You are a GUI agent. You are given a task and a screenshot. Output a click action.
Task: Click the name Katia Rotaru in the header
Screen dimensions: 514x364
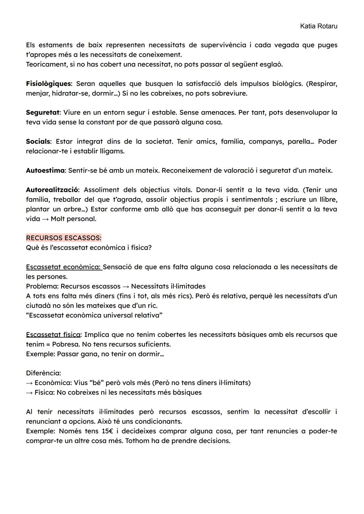[x=318, y=26]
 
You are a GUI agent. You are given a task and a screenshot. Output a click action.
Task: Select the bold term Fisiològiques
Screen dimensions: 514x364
[x=48, y=84]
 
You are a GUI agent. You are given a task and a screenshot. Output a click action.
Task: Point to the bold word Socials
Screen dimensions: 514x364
[x=38, y=141]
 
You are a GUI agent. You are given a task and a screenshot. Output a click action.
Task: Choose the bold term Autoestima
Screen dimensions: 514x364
[x=45, y=171]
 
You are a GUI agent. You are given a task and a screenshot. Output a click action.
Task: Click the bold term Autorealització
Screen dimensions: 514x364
[x=52, y=190]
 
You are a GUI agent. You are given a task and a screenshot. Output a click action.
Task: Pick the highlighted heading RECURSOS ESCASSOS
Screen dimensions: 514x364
[x=63, y=238]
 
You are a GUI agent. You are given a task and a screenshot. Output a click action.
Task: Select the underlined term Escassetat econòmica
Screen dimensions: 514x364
[x=64, y=267]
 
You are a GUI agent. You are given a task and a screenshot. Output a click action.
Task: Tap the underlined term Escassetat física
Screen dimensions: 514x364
[x=53, y=335]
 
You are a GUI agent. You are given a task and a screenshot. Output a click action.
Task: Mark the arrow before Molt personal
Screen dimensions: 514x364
[x=45, y=219]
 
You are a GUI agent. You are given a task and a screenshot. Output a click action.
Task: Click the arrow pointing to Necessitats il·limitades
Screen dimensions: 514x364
[x=125, y=286]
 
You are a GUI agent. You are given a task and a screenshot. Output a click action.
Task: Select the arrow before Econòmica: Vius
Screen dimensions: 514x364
[x=30, y=383]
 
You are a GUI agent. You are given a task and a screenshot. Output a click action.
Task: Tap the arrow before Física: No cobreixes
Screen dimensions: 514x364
[x=30, y=393]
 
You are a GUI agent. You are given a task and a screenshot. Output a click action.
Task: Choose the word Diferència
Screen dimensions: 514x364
[x=43, y=373]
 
